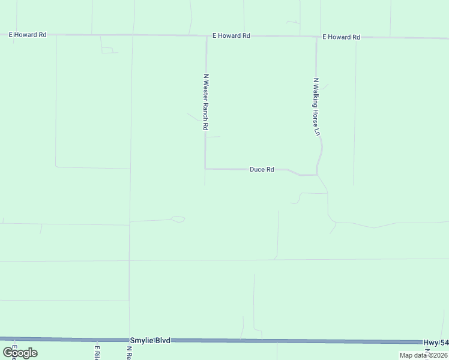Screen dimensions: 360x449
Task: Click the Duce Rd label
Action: click(262, 170)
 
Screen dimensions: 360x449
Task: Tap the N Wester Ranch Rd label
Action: click(205, 102)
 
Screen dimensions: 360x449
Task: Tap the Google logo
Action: click(20, 353)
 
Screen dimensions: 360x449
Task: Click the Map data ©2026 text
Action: click(423, 355)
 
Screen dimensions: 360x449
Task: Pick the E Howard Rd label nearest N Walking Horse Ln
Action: click(341, 37)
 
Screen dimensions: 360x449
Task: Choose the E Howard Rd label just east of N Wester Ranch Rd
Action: click(231, 36)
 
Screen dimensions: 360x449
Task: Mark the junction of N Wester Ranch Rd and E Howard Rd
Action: click(206, 36)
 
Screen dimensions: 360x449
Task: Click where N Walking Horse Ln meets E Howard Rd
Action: click(316, 37)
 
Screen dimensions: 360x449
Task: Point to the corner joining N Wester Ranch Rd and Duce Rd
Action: click(205, 169)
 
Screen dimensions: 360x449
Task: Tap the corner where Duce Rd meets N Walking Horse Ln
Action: click(316, 175)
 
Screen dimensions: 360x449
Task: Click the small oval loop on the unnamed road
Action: click(178, 219)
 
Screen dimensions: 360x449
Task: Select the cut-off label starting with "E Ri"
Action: click(95, 352)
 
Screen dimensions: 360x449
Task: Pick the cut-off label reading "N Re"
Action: click(128, 352)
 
